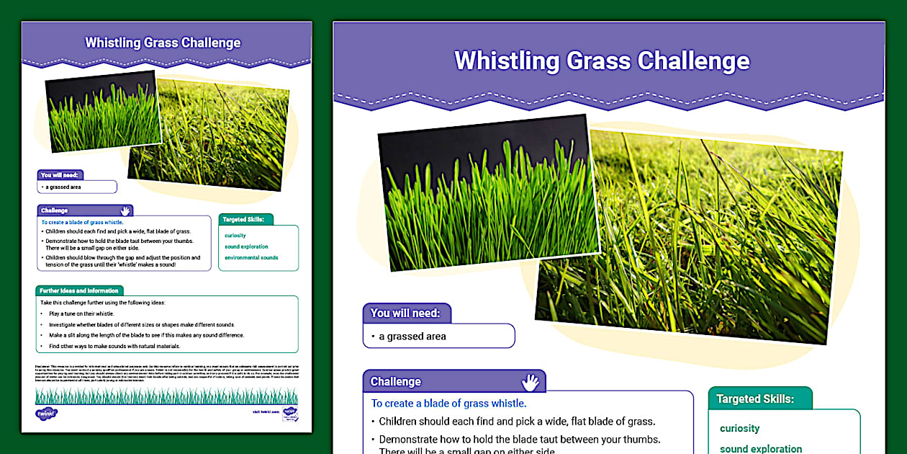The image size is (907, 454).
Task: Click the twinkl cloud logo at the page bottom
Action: point(46,413)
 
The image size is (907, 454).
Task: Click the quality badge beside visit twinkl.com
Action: point(290,414)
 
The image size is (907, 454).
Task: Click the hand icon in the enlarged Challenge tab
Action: point(530,381)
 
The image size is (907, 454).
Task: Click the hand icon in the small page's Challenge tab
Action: point(125,210)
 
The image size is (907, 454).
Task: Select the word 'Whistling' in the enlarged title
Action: point(507,61)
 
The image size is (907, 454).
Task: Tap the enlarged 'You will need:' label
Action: point(407,313)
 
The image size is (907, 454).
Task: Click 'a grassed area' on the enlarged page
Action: point(412,336)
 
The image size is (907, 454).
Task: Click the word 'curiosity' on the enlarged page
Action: point(739,428)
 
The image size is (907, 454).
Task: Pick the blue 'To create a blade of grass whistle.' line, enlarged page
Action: point(448,404)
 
